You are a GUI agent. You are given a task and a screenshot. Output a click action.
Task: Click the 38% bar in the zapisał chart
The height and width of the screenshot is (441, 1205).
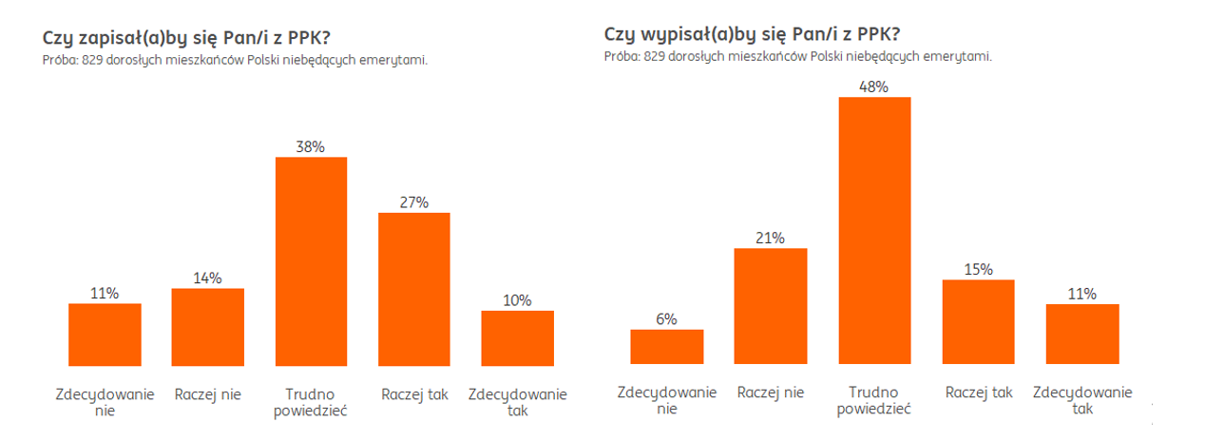311,261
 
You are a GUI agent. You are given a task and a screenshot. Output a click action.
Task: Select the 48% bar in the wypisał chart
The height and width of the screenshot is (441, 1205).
874,231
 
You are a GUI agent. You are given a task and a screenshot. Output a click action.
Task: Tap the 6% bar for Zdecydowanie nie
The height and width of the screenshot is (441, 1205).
666,347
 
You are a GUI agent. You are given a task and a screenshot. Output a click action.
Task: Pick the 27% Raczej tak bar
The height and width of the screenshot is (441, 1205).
413,289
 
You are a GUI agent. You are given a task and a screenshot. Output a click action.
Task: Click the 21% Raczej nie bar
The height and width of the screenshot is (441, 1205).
771,306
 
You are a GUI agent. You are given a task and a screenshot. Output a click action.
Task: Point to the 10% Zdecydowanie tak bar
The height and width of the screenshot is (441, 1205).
517,337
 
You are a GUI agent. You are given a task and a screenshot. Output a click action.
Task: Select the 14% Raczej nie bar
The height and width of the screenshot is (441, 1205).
207,327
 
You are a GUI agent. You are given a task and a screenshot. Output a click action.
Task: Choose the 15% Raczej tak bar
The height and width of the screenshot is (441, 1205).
978,322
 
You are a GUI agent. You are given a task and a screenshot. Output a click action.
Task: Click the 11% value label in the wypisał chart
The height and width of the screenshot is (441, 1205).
1081,295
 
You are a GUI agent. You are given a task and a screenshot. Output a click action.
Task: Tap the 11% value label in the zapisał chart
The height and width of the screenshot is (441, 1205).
105,294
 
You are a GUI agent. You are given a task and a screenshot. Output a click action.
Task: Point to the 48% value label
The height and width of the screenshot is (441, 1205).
874,87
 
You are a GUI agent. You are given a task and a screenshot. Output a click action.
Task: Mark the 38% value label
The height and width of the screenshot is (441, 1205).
311,147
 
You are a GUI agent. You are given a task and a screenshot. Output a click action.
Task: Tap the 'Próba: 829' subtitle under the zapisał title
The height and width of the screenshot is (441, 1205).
235,60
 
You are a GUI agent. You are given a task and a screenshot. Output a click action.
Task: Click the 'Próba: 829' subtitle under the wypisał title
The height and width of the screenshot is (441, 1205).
798,56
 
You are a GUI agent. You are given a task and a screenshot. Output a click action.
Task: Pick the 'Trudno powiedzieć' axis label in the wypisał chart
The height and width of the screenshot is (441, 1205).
874,400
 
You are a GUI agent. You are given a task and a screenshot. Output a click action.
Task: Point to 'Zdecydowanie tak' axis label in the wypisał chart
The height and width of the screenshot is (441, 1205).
1081,400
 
